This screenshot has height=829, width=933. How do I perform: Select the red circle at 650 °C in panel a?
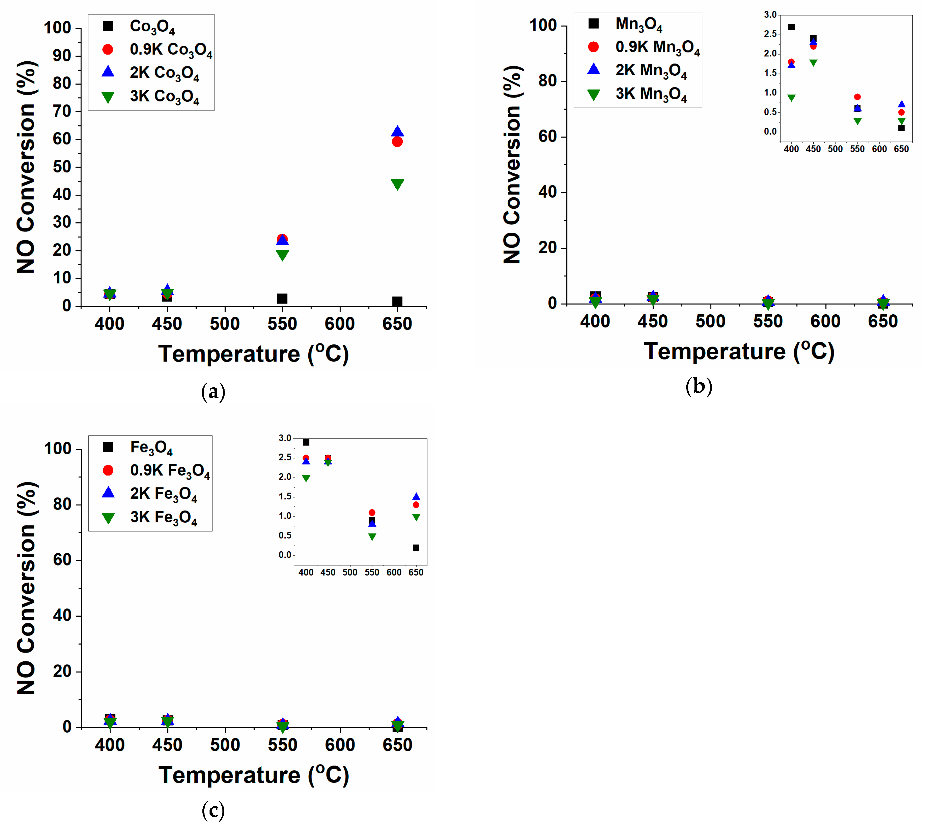(x=397, y=142)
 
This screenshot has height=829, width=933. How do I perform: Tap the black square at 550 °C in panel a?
(x=283, y=299)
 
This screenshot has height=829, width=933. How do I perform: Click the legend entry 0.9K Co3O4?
(x=171, y=49)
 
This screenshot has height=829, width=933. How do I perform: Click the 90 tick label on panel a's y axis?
(x=62, y=56)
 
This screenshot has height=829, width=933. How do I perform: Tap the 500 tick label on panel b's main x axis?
(x=710, y=322)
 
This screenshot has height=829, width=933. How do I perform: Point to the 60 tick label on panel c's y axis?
(x=62, y=560)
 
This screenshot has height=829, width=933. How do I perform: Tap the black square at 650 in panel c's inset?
(x=416, y=548)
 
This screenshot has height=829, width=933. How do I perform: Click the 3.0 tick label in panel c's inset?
(x=285, y=438)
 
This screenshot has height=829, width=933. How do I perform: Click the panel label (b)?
(x=699, y=387)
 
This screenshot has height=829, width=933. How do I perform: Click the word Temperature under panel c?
(x=229, y=775)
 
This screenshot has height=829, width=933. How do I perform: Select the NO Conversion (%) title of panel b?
(x=512, y=164)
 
